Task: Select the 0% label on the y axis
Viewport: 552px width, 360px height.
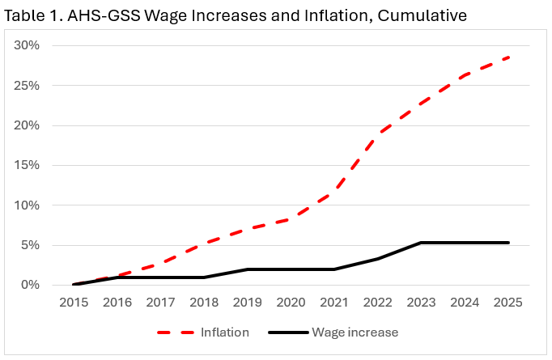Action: point(30,285)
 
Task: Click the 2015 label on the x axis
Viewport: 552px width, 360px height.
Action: point(74,303)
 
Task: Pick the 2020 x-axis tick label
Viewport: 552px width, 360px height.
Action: point(291,303)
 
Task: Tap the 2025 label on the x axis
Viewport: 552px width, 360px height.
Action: point(508,303)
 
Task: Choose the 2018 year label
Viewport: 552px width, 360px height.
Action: point(204,303)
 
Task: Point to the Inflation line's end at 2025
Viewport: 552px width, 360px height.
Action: point(508,57)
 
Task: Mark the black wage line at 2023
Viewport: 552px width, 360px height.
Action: point(422,243)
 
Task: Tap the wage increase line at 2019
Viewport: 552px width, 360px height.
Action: point(248,269)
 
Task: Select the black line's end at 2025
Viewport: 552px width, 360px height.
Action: point(508,243)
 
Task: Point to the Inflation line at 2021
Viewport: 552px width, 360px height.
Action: point(334,192)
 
